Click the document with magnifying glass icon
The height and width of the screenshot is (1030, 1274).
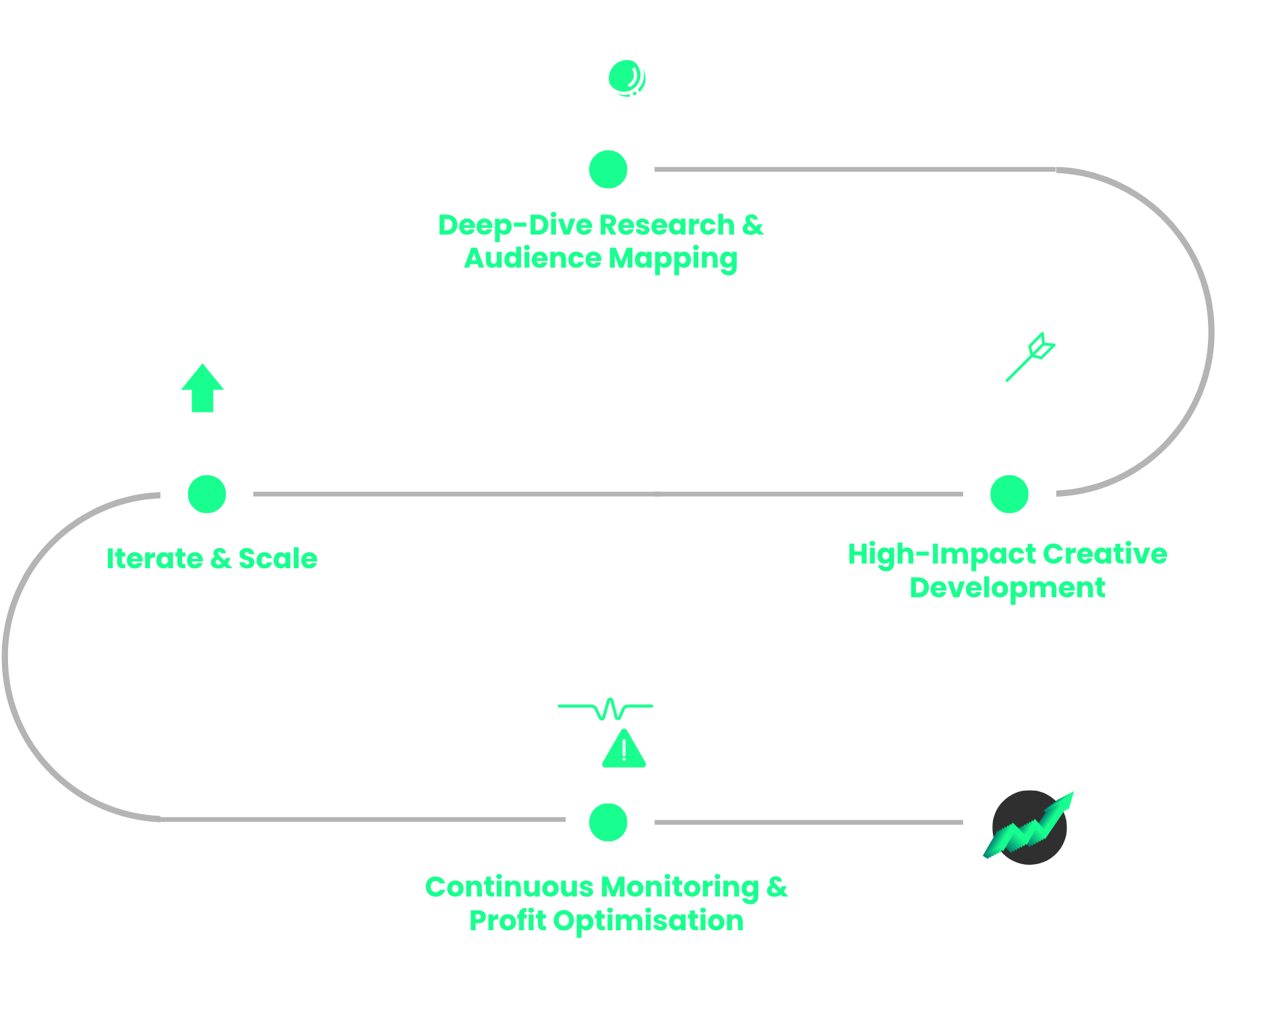[606, 74]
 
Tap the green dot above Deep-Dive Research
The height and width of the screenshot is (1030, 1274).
[608, 169]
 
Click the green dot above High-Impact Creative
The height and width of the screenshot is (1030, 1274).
[1009, 494]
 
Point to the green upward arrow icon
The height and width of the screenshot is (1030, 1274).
[202, 389]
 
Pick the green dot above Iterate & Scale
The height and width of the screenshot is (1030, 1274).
[207, 494]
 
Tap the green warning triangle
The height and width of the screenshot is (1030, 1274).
[624, 750]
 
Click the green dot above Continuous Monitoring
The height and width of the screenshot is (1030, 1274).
[608, 822]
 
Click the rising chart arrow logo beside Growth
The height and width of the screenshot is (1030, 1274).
[1029, 826]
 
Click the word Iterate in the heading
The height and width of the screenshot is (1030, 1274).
[154, 559]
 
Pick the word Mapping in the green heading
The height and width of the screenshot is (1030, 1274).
[673, 259]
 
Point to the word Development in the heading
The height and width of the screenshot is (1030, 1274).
[1007, 588]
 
